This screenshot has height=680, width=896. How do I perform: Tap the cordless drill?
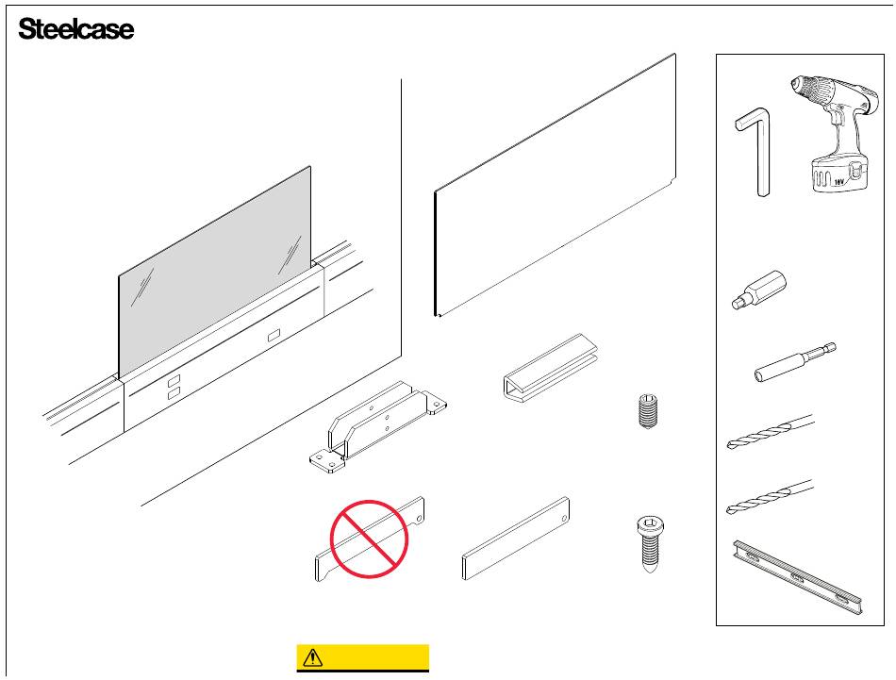[830, 132]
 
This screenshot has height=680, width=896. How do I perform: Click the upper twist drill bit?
[770, 431]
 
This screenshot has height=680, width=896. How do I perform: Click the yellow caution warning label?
[363, 656]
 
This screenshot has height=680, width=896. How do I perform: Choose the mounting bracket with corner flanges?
[377, 424]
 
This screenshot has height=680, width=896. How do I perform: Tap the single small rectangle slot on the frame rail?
[274, 335]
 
